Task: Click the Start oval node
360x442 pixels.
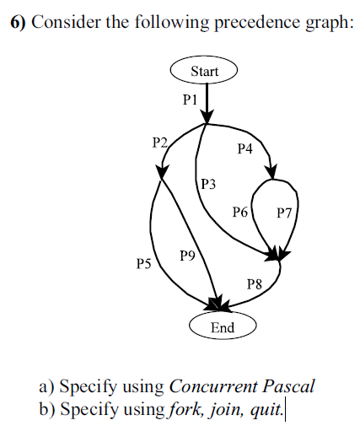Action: click(x=205, y=71)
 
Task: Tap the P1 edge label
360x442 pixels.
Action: click(x=190, y=99)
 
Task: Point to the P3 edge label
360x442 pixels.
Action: click(x=209, y=183)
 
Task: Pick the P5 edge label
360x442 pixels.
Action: click(x=143, y=264)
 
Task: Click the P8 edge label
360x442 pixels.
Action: click(x=255, y=285)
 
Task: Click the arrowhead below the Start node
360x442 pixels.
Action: click(x=207, y=117)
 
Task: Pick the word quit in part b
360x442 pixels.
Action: click(x=270, y=410)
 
